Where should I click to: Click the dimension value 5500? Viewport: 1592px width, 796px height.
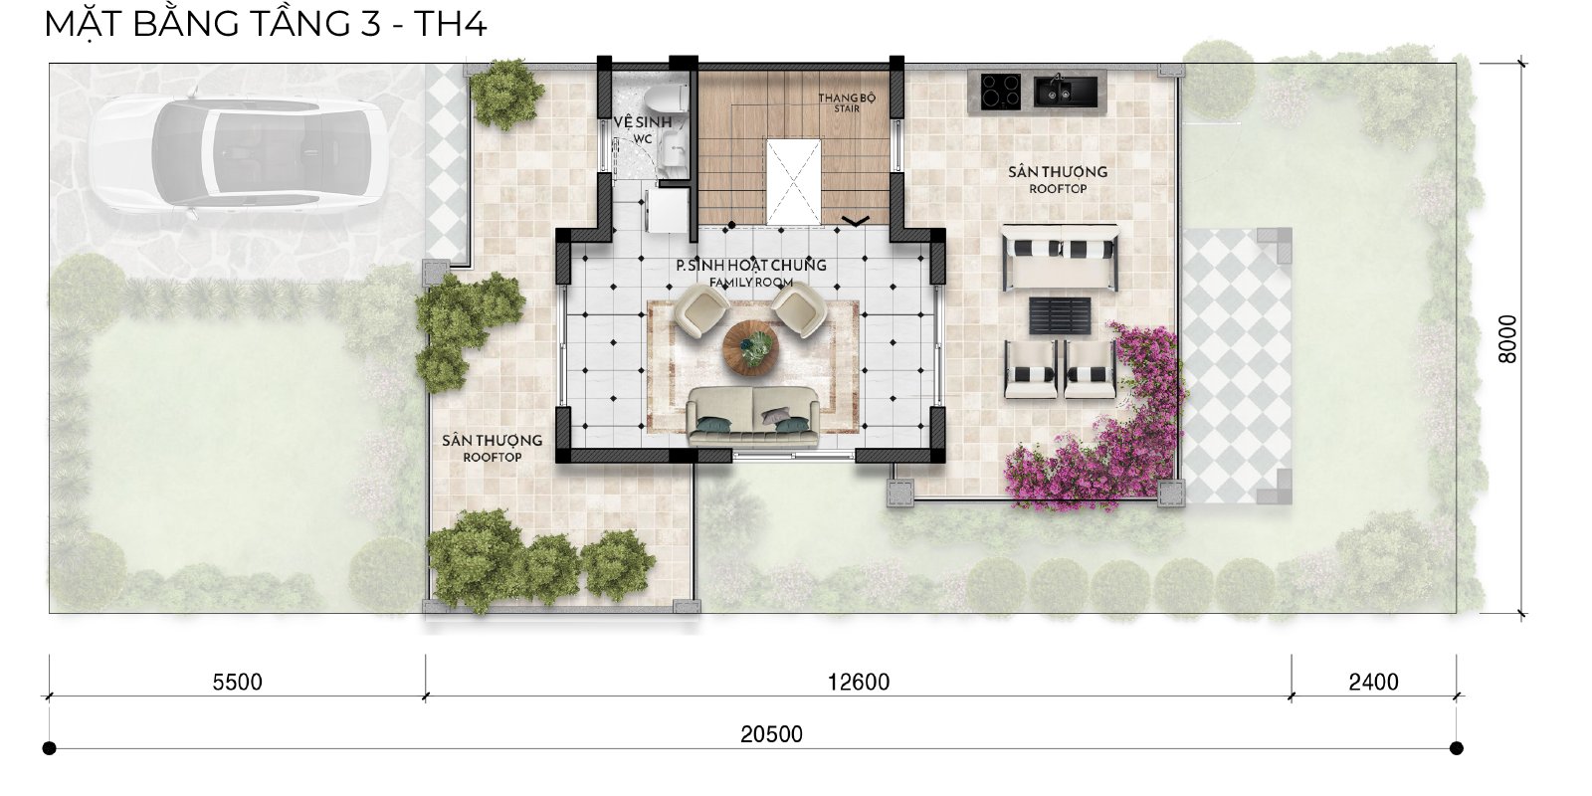tap(238, 682)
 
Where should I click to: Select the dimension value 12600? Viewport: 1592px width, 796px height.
tap(859, 682)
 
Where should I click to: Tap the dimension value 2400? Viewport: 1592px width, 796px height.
tap(1374, 682)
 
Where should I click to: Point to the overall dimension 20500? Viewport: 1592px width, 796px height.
tap(771, 733)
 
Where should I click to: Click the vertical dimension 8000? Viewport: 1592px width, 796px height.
tap(1506, 339)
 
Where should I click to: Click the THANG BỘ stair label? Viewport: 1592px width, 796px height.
tap(847, 102)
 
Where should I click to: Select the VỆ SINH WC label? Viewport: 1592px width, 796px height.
tap(643, 128)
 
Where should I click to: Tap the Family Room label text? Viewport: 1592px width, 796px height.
tap(750, 283)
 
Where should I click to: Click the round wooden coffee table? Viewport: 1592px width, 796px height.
tap(750, 347)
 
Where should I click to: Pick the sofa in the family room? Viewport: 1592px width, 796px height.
tap(753, 416)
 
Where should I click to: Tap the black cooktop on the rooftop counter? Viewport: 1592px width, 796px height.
tap(1001, 92)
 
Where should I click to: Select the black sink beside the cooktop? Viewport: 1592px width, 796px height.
tap(1066, 91)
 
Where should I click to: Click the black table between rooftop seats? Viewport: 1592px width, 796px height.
tap(1060, 315)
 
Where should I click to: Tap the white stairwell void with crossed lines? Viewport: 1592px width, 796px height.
tap(792, 182)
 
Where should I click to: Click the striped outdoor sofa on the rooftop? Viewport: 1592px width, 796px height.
tap(1060, 258)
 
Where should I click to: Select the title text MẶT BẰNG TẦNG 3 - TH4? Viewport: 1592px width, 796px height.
tap(265, 24)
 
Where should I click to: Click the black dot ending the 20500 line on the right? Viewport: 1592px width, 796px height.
tap(1457, 747)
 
